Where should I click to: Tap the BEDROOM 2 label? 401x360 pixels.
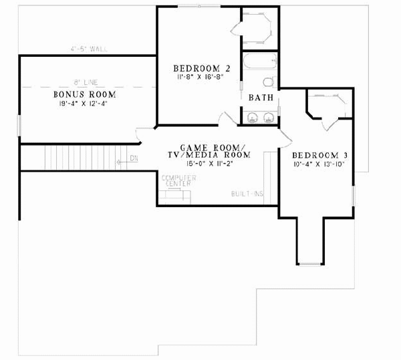click(x=196, y=68)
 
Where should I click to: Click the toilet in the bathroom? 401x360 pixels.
click(x=268, y=81)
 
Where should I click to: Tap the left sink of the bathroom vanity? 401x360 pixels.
click(x=253, y=118)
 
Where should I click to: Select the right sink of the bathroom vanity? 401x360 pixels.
click(x=269, y=118)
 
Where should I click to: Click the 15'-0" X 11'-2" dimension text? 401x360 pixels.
click(x=209, y=162)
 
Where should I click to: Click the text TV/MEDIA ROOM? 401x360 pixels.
click(x=209, y=154)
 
